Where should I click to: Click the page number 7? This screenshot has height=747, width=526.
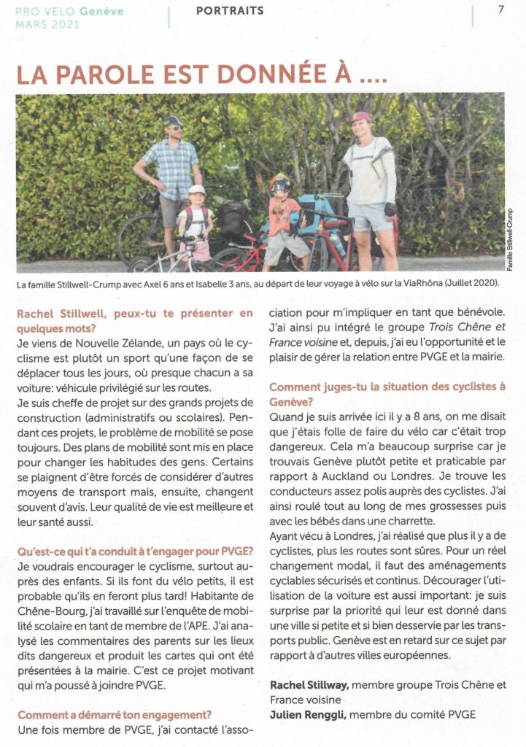pos(500,10)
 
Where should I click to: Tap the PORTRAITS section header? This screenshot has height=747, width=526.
pos(230,11)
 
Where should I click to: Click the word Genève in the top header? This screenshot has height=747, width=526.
pos(102,12)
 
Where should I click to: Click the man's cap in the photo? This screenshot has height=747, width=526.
pos(172,121)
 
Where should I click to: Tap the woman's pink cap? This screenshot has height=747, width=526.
pos(360,117)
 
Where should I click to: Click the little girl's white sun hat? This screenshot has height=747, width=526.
pos(196,190)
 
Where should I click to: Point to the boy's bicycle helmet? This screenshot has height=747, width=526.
pos(279,183)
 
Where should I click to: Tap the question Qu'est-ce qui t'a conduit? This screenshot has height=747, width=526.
pos(135,550)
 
